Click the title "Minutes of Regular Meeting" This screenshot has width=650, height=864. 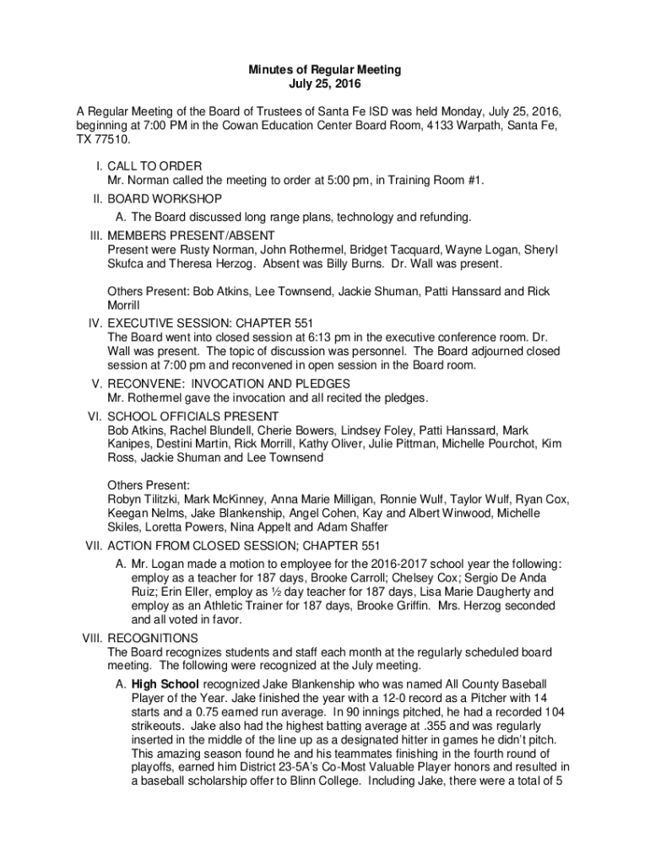click(324, 69)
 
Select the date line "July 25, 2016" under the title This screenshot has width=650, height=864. click(324, 84)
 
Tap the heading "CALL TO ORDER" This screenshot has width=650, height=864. click(154, 166)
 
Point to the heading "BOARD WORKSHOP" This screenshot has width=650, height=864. click(165, 199)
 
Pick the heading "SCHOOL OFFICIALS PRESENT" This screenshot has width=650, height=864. click(193, 416)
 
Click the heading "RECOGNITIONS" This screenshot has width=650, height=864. click(153, 638)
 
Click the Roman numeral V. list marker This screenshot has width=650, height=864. click(95, 383)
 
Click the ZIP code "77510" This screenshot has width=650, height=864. click(113, 139)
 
